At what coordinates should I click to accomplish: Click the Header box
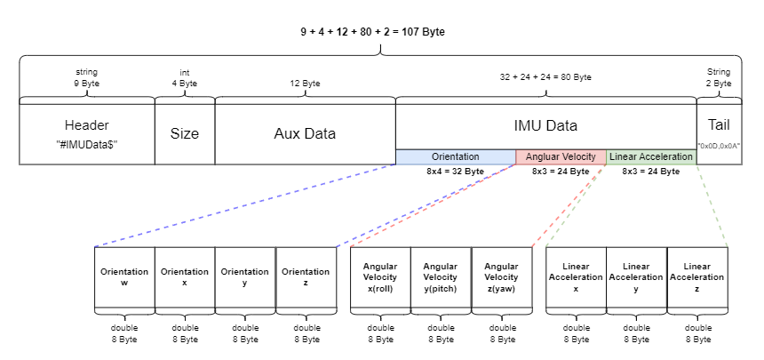pyautogui.click(x=86, y=133)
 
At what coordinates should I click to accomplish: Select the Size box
pyautogui.click(x=185, y=133)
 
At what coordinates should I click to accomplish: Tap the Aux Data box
pyautogui.click(x=305, y=133)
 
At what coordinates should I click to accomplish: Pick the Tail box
pyautogui.click(x=719, y=133)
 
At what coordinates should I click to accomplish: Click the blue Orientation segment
pyautogui.click(x=455, y=156)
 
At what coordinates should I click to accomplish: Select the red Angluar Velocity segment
pyautogui.click(x=561, y=156)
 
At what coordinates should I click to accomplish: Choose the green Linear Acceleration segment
pyautogui.click(x=651, y=156)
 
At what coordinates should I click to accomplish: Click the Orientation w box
pyautogui.click(x=124, y=276)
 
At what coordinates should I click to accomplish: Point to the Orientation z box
pyautogui.click(x=306, y=276)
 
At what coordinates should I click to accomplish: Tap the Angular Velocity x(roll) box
pyautogui.click(x=380, y=276)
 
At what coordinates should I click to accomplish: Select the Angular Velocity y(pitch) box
pyautogui.click(x=441, y=276)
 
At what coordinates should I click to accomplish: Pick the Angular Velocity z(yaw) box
pyautogui.click(x=501, y=276)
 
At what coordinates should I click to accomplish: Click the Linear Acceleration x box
pyautogui.click(x=576, y=276)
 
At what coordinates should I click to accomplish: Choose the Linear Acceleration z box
pyautogui.click(x=697, y=276)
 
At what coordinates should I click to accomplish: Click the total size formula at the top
pyautogui.click(x=372, y=32)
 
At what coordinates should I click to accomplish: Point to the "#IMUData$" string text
pyautogui.click(x=86, y=142)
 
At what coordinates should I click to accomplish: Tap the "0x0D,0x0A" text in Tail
pyautogui.click(x=719, y=144)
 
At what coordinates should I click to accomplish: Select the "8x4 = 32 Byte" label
pyautogui.click(x=455, y=171)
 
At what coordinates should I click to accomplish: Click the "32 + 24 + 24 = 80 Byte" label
pyautogui.click(x=545, y=77)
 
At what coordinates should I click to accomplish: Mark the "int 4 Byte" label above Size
pyautogui.click(x=184, y=78)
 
